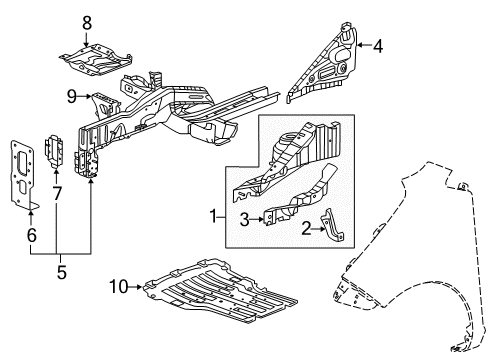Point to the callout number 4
pos(380,44)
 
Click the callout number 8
pos(86,21)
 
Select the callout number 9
pos(72,96)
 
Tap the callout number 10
pos(117,288)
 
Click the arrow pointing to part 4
pos(365,44)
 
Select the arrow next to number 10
pos(135,288)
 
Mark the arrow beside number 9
pos(86,96)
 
